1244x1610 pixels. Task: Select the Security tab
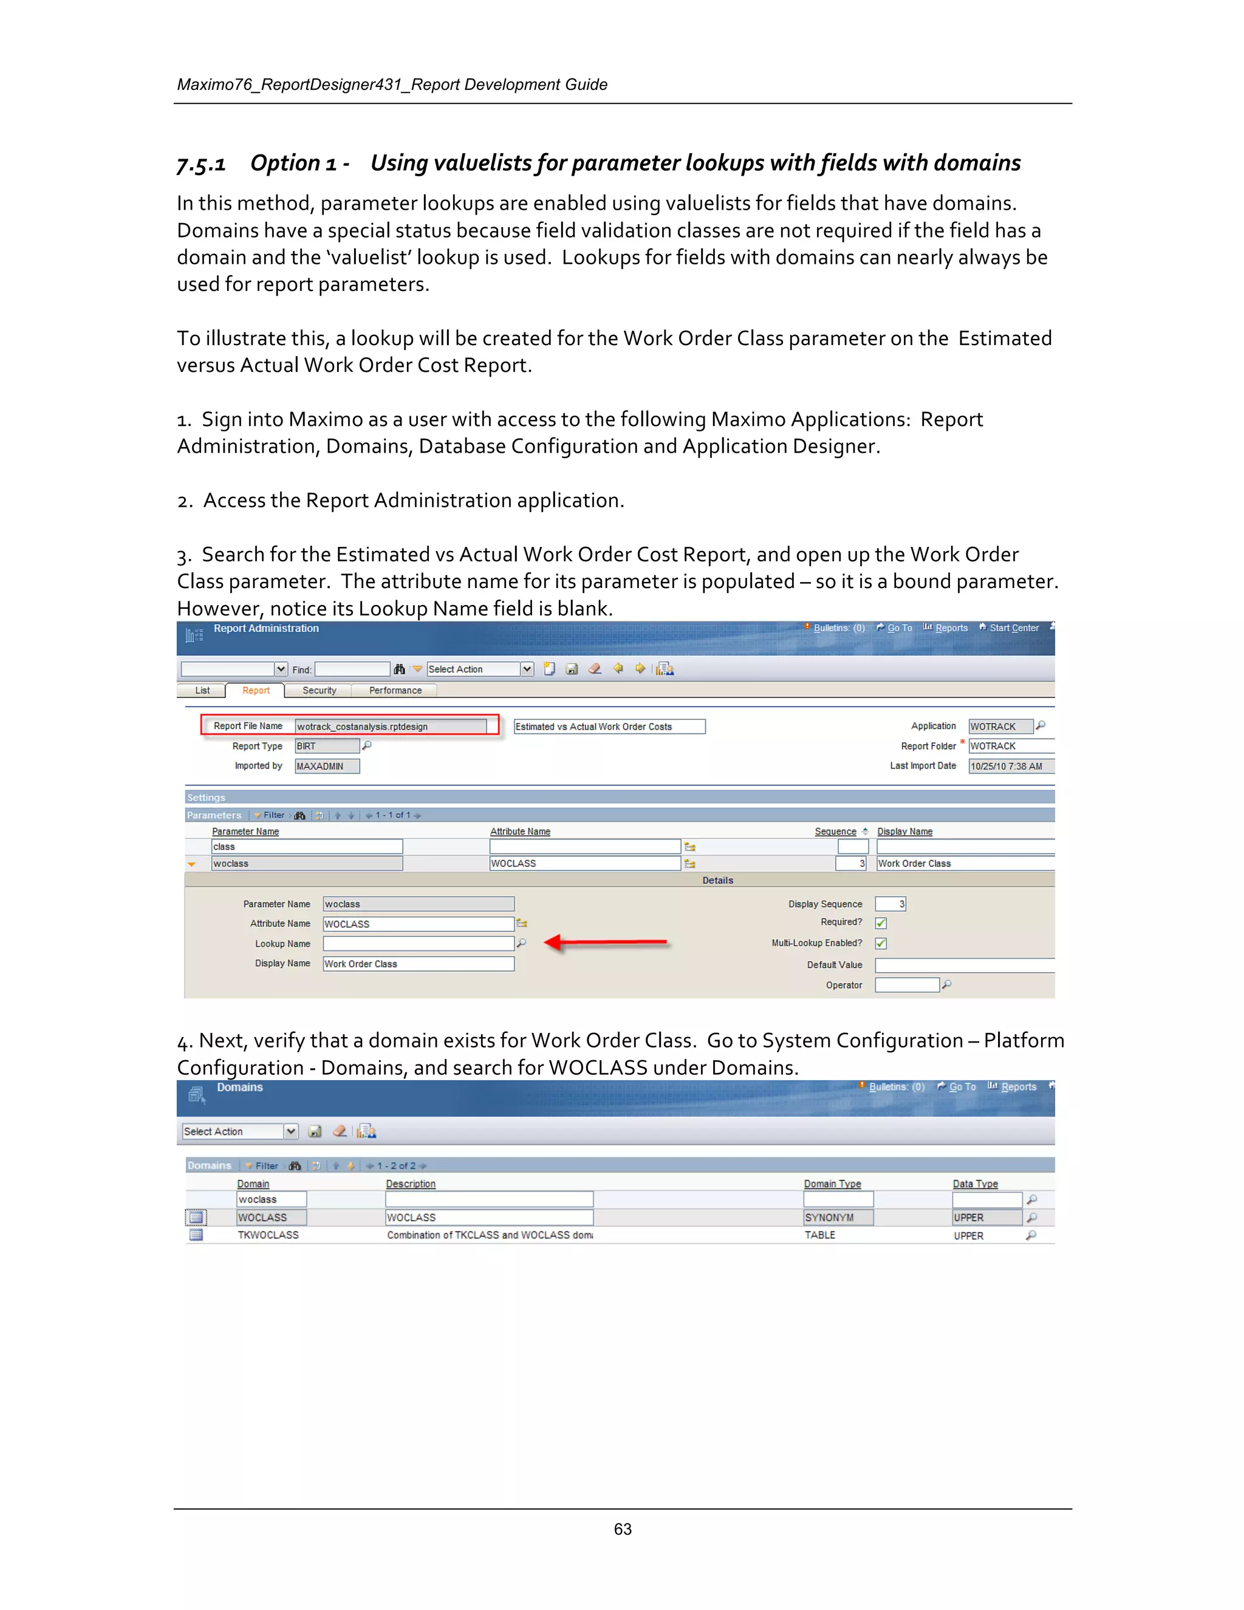[x=319, y=691]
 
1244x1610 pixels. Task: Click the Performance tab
[x=395, y=691]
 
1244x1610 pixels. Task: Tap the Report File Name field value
[x=390, y=727]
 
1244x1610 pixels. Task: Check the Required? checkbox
[x=881, y=923]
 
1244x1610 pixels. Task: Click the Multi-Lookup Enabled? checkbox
[x=881, y=944]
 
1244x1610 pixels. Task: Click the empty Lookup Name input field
[x=418, y=944]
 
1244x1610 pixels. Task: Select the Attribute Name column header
[x=521, y=832]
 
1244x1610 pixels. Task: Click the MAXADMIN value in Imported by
[x=326, y=767]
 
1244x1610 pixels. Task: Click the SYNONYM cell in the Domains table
[x=837, y=1218]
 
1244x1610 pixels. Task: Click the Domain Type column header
[x=832, y=1184]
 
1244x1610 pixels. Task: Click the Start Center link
[x=1013, y=628]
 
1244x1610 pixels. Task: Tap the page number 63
[x=623, y=1529]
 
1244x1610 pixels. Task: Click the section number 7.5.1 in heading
[x=201, y=163]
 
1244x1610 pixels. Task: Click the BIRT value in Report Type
[x=326, y=747]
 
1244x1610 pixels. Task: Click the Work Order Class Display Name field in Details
[x=418, y=964]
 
